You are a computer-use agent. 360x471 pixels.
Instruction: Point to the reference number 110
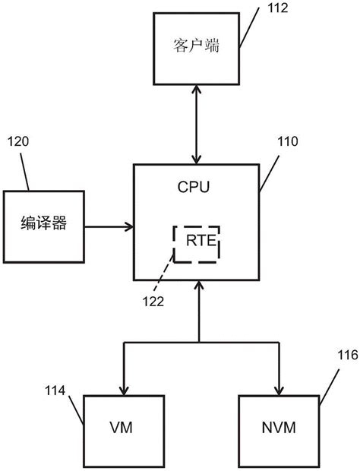click(288, 141)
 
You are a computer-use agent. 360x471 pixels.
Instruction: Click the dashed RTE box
click(196, 243)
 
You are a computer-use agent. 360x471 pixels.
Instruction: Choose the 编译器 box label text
click(43, 225)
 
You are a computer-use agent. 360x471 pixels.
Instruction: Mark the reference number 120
click(19, 142)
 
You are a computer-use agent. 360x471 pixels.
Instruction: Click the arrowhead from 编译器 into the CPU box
click(128, 226)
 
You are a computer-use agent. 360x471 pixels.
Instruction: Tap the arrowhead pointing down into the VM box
click(122, 389)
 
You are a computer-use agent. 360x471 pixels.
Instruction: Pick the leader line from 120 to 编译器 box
click(26, 171)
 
